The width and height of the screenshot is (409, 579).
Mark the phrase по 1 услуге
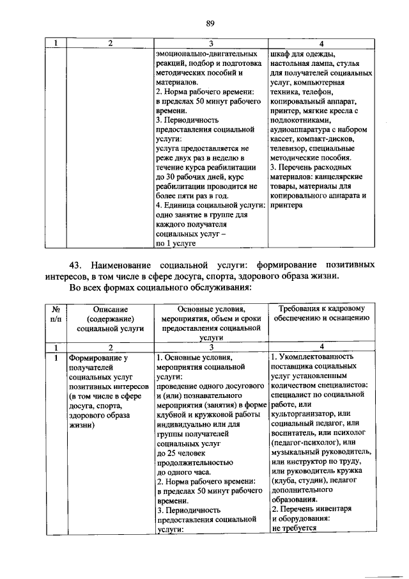point(175,244)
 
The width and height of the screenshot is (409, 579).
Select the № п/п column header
point(55,313)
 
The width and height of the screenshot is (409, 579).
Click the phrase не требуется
point(294,529)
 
